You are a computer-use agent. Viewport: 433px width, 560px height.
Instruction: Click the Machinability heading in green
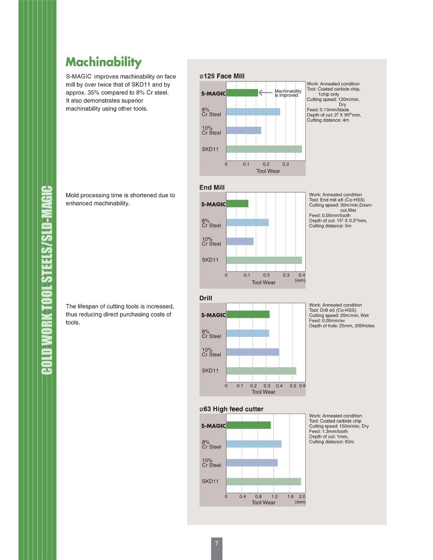tap(104, 62)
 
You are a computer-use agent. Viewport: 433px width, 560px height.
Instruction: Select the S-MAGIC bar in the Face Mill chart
tap(242, 93)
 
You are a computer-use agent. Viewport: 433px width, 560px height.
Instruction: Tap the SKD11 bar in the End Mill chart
tap(264, 260)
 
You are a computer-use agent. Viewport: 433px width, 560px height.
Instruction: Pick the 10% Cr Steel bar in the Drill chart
tap(253, 352)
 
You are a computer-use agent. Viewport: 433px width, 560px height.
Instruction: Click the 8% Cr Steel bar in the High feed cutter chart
tap(254, 444)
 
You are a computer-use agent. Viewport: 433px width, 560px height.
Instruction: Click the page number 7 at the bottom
tap(216, 543)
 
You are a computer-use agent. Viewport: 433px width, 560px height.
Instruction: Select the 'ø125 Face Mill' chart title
tap(222, 76)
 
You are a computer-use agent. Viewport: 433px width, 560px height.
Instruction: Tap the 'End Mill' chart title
tap(212, 188)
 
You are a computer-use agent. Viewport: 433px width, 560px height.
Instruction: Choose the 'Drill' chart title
tap(206, 298)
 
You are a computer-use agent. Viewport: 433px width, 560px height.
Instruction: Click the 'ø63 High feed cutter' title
tap(231, 409)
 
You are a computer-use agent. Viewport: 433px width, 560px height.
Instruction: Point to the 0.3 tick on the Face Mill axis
tap(286, 164)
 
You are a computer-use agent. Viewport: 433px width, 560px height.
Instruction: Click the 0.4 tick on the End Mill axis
tap(302, 275)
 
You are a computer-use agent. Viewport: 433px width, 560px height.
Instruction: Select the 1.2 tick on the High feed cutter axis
tap(275, 496)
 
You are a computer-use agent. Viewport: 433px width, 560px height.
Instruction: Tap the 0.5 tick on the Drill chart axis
tap(293, 386)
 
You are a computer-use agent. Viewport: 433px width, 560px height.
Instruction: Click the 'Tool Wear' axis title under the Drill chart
tap(264, 392)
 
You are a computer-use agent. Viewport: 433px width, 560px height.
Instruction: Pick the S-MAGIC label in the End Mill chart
tap(213, 204)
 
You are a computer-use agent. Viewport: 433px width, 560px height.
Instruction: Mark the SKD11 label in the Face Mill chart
tap(210, 149)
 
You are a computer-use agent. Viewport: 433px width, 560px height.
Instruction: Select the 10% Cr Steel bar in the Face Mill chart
tap(244, 130)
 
